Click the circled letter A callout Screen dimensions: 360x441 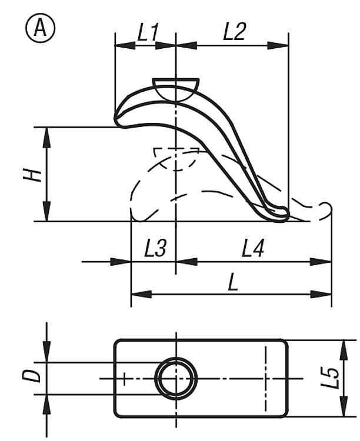pos(41,28)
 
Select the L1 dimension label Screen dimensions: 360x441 pos(148,32)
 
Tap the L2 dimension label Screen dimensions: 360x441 pos(235,32)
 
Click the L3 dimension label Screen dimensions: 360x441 pos(156,249)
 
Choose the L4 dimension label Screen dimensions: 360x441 pos(253,249)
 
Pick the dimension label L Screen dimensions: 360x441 pos(233,282)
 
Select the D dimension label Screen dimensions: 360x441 pos(32,376)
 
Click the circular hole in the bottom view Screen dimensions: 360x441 pos(176,379)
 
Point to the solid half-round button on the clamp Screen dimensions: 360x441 pos(176,90)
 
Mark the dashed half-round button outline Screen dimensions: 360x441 pos(175,159)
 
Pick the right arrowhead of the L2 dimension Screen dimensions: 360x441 pos(278,45)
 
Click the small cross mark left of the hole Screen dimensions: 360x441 pos(125,379)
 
